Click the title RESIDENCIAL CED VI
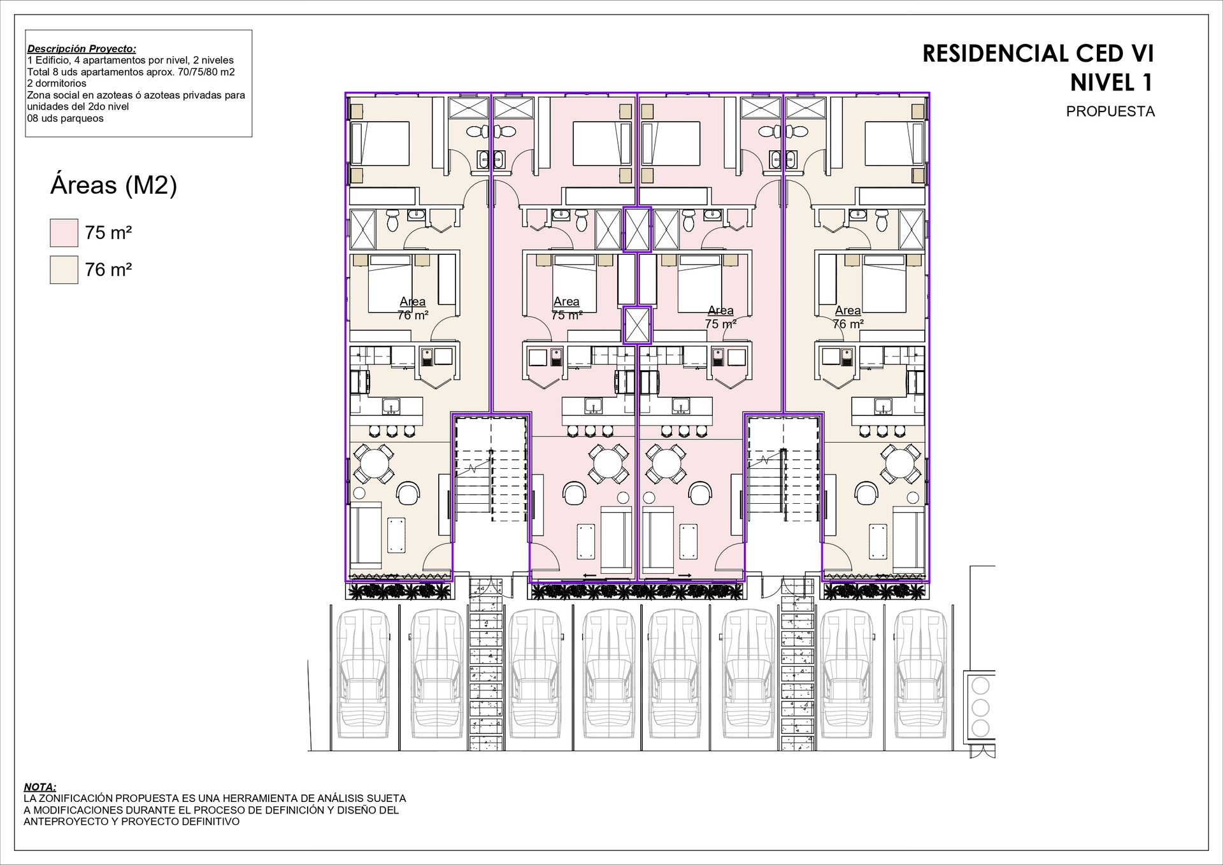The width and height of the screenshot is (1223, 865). click(x=1038, y=54)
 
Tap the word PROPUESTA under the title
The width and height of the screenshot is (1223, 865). click(x=1110, y=111)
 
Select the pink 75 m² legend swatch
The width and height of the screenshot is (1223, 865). click(x=64, y=232)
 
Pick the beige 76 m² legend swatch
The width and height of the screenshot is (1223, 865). click(x=64, y=269)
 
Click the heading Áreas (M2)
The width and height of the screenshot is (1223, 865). click(x=113, y=185)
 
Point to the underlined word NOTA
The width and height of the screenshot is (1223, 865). click(x=39, y=787)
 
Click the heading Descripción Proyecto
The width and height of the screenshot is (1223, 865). click(x=82, y=49)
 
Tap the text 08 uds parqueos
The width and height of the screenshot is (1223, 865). click(x=65, y=118)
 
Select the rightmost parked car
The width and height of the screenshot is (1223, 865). click(x=917, y=678)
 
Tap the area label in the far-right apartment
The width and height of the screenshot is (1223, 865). click(x=848, y=317)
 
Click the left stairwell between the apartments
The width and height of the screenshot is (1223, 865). click(x=491, y=487)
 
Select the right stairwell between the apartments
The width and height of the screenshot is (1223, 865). click(x=783, y=487)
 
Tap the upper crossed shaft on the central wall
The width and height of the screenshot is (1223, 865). click(x=637, y=229)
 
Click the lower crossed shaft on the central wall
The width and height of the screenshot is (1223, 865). click(x=637, y=325)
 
